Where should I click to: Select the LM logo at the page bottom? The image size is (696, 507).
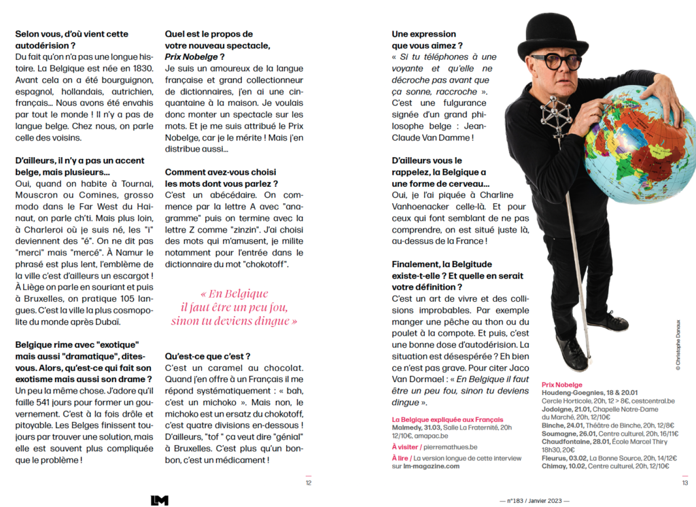tap(159, 500)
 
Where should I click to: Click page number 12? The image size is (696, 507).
tap(308, 483)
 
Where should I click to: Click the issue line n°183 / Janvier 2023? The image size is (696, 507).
tap(532, 501)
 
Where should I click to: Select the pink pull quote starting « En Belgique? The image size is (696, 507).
tap(234, 307)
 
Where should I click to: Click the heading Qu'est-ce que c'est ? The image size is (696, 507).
tap(208, 355)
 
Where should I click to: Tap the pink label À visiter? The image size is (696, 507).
tap(406, 447)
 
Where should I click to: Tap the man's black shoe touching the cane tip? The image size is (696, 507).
tap(572, 355)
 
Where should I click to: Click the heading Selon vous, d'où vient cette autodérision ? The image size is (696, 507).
tap(71, 39)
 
